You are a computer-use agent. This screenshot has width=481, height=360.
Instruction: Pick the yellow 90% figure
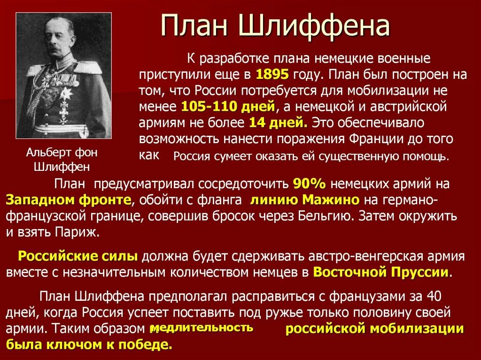pos(309,184)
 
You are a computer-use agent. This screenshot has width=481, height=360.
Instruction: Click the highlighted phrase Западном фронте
pos(69,200)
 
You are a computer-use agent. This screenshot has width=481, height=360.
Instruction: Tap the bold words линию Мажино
pos(305,200)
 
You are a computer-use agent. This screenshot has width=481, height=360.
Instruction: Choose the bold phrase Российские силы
pos(78,256)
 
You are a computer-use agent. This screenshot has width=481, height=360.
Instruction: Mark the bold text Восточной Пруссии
pos(380,272)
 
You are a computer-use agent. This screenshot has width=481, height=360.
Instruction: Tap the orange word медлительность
pos(202,328)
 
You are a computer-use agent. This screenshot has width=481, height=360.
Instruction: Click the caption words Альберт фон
pos(62,153)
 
